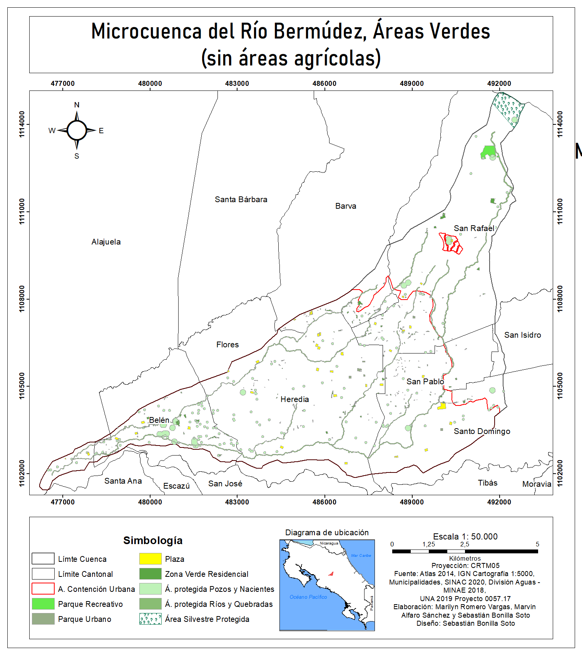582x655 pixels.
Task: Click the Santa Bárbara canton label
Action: tap(241, 199)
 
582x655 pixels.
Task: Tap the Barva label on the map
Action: tap(346, 206)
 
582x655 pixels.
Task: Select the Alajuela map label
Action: tap(106, 242)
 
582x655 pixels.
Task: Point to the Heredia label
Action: tap(294, 399)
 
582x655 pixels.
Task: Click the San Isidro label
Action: tap(522, 335)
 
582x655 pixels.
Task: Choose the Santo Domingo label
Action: tap(482, 431)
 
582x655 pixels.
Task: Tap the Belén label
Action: tap(159, 420)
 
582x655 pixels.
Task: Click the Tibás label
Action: tap(487, 483)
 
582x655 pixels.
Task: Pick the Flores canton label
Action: tap(227, 345)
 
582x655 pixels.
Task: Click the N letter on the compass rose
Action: tap(77, 105)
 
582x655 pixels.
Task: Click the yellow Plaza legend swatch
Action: tap(150, 559)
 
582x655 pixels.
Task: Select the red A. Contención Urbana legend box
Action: tap(43, 589)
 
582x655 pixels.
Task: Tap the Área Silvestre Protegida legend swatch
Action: tap(150, 619)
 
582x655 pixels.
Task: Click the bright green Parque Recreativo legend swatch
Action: tap(43, 604)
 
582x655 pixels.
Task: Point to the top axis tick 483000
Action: tap(237, 84)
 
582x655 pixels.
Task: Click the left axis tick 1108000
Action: tap(22, 299)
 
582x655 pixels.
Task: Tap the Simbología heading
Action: tap(153, 540)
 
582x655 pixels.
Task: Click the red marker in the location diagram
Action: tap(331, 574)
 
